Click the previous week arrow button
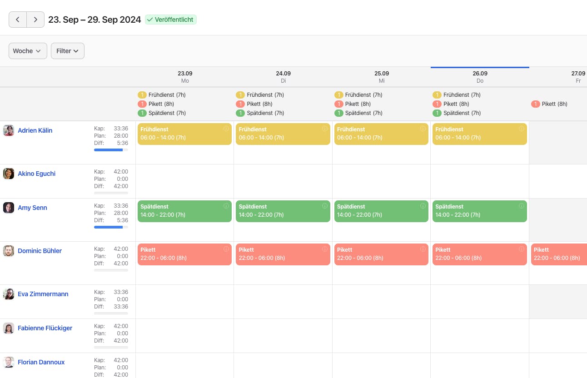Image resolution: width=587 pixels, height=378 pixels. [18, 20]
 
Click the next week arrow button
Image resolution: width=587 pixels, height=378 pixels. [35, 20]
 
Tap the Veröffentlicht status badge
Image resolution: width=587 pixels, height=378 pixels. [170, 20]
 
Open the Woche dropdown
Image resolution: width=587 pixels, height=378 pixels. [28, 51]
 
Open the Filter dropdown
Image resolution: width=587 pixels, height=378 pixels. [68, 51]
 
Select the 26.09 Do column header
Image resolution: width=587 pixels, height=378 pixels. [480, 77]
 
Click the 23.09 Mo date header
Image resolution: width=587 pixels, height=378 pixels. [185, 77]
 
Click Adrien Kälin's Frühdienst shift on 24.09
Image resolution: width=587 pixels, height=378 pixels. [283, 134]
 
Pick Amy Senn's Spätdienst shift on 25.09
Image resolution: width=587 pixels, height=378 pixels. [381, 211]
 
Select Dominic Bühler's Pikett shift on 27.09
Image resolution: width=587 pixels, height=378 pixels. [559, 254]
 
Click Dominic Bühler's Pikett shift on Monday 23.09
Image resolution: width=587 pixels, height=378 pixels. [184, 254]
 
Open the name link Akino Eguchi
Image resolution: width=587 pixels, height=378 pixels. [36, 174]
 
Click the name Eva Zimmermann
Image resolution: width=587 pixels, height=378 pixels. [43, 294]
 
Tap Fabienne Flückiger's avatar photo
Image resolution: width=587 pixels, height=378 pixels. [8, 328]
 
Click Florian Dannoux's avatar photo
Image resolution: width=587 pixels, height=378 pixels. [8, 362]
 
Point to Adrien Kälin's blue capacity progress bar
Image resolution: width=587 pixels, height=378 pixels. [108, 150]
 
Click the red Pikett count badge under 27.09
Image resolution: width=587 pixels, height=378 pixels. [535, 104]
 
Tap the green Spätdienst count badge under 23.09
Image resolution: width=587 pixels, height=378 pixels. [142, 113]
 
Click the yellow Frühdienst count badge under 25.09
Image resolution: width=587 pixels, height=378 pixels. [338, 95]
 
